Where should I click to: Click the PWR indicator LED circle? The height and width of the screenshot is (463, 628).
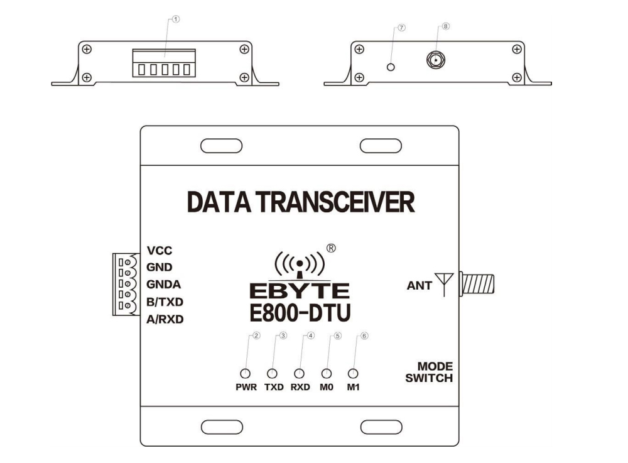(x=246, y=373)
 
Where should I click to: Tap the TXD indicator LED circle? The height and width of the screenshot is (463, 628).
(x=272, y=373)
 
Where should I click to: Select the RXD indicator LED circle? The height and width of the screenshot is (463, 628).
(x=299, y=373)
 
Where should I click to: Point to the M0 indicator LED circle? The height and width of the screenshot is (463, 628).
(x=326, y=373)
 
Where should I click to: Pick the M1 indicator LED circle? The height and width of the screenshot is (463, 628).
(x=353, y=373)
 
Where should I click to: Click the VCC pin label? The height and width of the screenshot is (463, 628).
(x=160, y=250)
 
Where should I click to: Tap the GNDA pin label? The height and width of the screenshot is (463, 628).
(x=163, y=284)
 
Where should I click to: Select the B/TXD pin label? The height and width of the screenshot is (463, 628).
(x=165, y=302)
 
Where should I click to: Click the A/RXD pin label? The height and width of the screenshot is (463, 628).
(x=165, y=319)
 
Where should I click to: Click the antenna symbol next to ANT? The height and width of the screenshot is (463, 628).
(x=444, y=284)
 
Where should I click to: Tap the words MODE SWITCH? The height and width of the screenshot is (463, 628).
(x=430, y=372)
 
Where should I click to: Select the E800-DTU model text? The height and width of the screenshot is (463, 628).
(x=300, y=311)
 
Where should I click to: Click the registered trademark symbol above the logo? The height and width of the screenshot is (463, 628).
(x=332, y=248)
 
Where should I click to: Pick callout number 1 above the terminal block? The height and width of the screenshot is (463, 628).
(x=176, y=19)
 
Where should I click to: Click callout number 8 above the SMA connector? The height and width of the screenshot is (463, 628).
(x=446, y=26)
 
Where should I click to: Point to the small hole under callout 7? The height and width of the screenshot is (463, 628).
(x=392, y=67)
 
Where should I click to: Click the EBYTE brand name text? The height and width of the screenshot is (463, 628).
(x=300, y=290)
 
